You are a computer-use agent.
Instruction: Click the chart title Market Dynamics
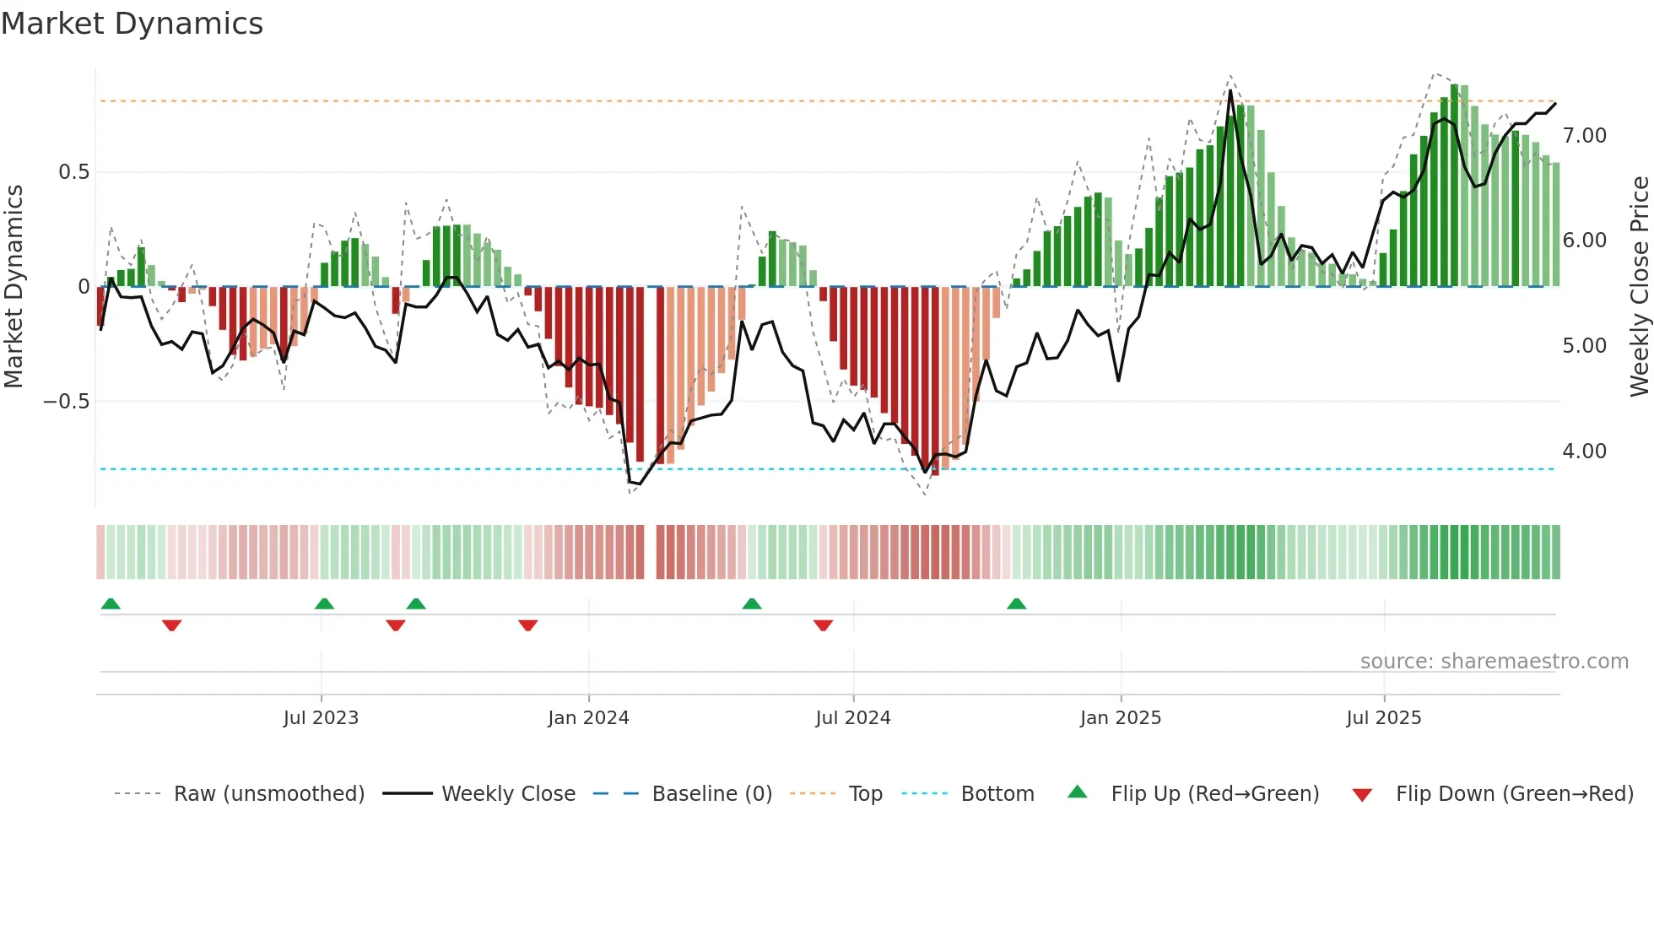pyautogui.click(x=132, y=24)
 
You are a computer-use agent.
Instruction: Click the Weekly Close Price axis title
pyautogui.click(x=1639, y=286)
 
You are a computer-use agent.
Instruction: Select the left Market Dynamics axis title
pyautogui.click(x=14, y=286)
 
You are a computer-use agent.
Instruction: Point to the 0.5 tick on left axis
pyautogui.click(x=74, y=172)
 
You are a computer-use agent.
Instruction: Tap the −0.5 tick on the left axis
pyautogui.click(x=68, y=402)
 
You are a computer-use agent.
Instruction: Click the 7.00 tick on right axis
pyautogui.click(x=1584, y=136)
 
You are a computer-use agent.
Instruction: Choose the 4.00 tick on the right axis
pyautogui.click(x=1584, y=451)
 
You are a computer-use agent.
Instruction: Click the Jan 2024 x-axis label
pyautogui.click(x=588, y=718)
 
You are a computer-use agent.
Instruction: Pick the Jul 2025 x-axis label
pyautogui.click(x=1383, y=718)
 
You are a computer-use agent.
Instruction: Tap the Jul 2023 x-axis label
pyautogui.click(x=321, y=718)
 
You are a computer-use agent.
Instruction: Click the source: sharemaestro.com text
pyautogui.click(x=1494, y=662)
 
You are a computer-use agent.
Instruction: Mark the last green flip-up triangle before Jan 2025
pyautogui.click(x=1016, y=603)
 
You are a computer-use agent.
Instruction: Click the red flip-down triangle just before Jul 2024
pyautogui.click(x=823, y=625)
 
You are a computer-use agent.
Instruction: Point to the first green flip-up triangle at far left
pyautogui.click(x=111, y=603)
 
